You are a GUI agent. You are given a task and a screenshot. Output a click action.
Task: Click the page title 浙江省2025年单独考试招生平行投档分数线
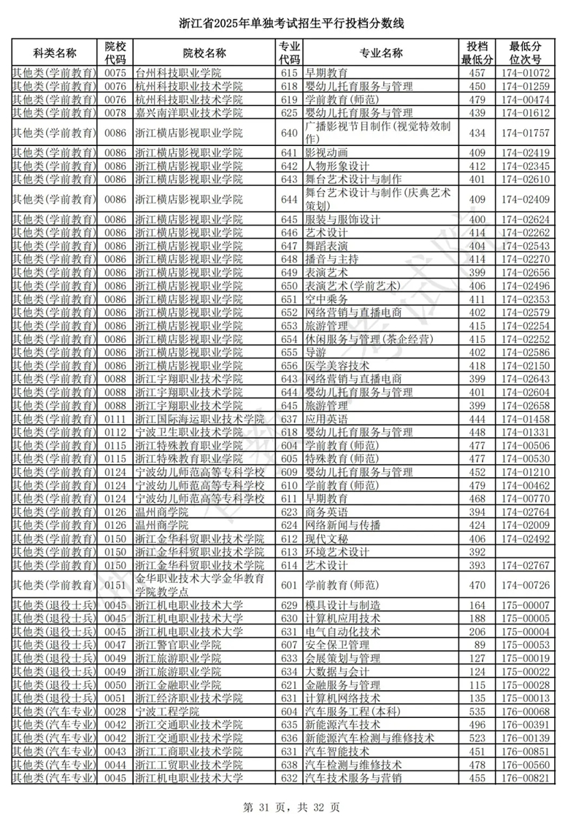(291, 24)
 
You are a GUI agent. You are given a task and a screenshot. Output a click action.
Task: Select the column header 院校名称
(204, 53)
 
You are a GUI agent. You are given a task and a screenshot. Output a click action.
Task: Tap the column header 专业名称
(381, 53)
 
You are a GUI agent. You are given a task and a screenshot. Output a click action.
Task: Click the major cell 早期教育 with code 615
(326, 73)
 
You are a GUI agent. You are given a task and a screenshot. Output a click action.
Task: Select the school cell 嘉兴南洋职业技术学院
(188, 113)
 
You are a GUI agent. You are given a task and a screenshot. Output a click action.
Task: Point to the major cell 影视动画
(326, 153)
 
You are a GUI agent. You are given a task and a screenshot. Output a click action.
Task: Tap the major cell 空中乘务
(326, 299)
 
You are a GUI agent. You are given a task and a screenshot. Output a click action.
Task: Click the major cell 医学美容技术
(337, 366)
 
